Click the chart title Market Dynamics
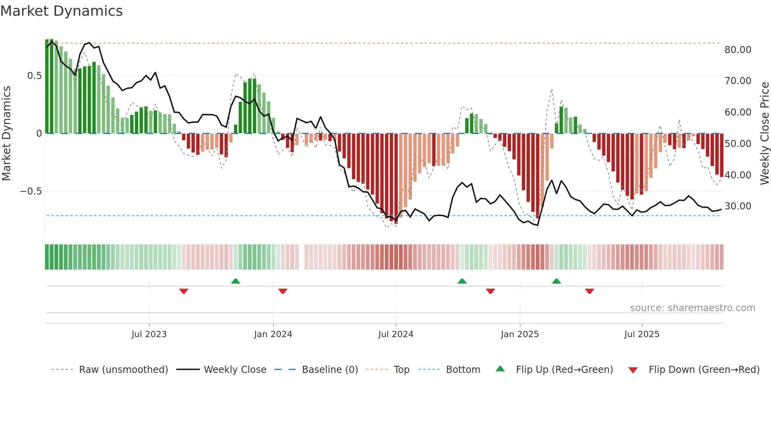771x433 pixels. coord(62,11)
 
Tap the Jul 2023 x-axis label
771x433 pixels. coord(149,334)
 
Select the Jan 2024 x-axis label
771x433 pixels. coord(273,334)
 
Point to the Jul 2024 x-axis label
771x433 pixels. coord(396,334)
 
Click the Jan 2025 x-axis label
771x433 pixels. coord(520,334)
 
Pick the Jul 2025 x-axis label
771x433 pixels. coord(642,334)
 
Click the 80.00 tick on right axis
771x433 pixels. coord(738,50)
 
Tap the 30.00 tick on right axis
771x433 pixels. coord(738,206)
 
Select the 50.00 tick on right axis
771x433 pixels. coord(738,144)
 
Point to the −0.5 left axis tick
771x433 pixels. coord(31,191)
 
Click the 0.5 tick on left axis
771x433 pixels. coord(34,76)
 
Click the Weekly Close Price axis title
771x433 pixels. coord(764,133)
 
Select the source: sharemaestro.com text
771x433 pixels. coord(692,308)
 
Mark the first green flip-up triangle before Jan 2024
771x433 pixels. coord(236,281)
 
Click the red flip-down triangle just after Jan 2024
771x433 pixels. coord(283,291)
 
